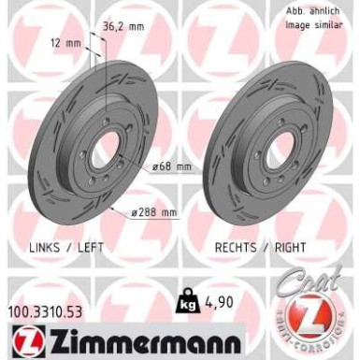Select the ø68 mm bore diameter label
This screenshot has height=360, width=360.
click(173, 166)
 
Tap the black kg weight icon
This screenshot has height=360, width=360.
click(185, 302)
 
